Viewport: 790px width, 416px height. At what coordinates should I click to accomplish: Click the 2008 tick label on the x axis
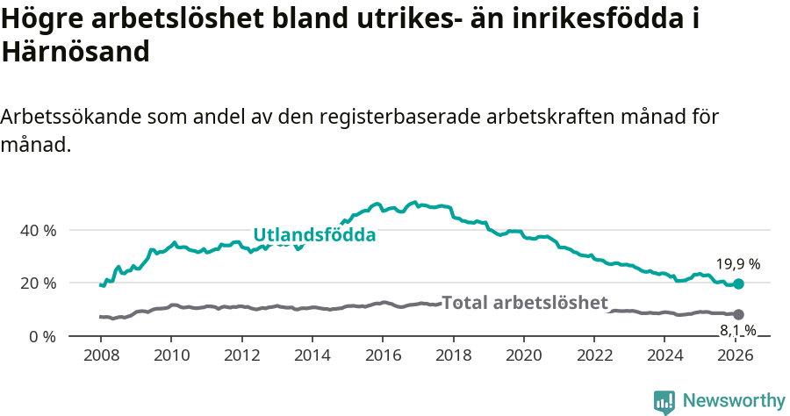pos(101,355)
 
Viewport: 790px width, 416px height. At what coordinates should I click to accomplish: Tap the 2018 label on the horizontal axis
pos(454,355)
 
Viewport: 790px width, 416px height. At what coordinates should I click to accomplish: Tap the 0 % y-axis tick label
pos(44,337)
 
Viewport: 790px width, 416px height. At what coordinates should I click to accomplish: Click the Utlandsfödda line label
pos(314,235)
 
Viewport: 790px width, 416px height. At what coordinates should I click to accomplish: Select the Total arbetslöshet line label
pos(524,303)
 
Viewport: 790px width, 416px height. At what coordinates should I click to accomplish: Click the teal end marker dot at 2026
pos(739,284)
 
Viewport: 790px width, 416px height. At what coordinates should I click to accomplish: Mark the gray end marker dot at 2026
pos(739,314)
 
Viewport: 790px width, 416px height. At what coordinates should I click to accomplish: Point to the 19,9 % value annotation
pos(737,263)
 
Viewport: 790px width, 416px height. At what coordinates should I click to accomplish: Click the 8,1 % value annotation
pos(737,330)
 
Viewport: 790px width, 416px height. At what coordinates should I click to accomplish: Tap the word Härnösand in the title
pos(75,52)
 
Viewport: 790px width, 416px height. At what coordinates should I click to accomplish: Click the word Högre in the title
pos(39,19)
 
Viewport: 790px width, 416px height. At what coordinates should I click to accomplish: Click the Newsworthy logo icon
pos(664,401)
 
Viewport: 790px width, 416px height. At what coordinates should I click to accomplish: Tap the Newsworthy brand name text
pos(734,401)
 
